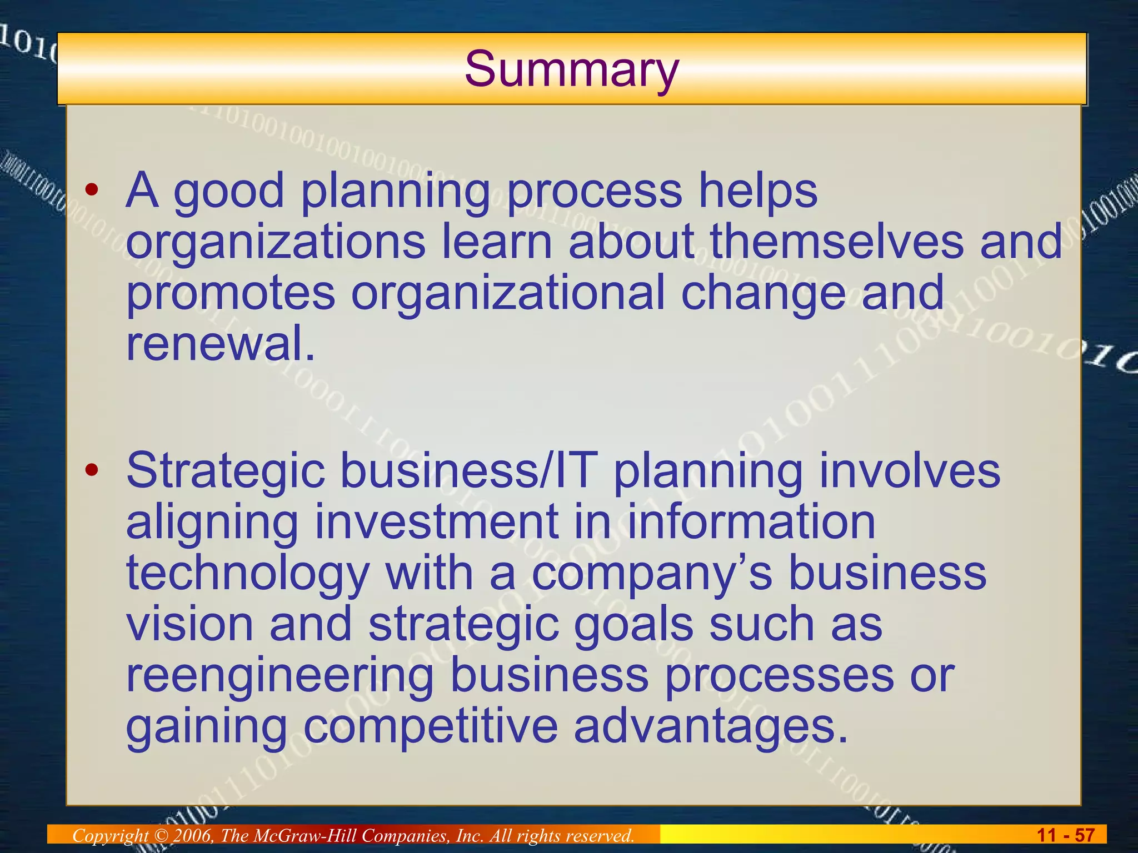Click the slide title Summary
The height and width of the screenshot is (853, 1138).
pyautogui.click(x=572, y=69)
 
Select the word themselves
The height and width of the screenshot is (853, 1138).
pyautogui.click(x=837, y=242)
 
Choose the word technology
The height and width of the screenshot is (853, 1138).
pyautogui.click(x=248, y=575)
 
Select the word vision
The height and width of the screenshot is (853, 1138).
pyautogui.click(x=190, y=624)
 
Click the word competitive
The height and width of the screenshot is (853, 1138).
pyautogui.click(x=431, y=727)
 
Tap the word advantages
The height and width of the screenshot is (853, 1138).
pyautogui.click(x=711, y=727)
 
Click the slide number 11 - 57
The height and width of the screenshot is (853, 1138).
pyautogui.click(x=1065, y=835)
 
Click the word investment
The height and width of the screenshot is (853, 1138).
pyautogui.click(x=436, y=522)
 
